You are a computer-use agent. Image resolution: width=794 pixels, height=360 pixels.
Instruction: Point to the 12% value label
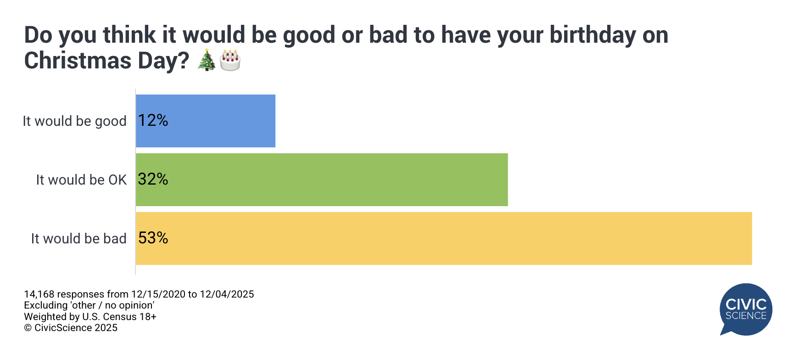point(153,120)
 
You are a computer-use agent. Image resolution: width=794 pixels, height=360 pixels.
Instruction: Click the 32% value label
point(153,179)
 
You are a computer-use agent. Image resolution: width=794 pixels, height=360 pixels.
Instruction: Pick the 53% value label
point(153,238)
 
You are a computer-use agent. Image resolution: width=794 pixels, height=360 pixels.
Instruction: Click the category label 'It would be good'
point(74,121)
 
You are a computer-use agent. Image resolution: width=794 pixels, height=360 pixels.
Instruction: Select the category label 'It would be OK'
point(81,180)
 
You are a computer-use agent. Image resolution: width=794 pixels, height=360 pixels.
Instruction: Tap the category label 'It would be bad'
point(78,239)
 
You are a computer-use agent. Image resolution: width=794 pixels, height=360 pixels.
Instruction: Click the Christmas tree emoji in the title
point(207,61)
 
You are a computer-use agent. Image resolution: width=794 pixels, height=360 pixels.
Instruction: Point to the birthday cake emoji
point(230,61)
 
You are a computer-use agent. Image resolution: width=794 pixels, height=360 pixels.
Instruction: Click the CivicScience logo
point(746,309)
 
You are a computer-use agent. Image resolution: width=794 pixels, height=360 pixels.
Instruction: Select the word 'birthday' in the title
point(593,35)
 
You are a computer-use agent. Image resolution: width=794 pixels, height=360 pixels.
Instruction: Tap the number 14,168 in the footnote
point(39,294)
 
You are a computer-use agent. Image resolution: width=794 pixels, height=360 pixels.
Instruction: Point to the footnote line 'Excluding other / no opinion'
point(89,305)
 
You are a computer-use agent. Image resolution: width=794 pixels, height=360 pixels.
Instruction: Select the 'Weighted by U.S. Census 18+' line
point(90,317)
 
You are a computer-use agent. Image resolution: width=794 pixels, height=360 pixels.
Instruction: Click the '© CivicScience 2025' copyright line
point(71,328)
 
